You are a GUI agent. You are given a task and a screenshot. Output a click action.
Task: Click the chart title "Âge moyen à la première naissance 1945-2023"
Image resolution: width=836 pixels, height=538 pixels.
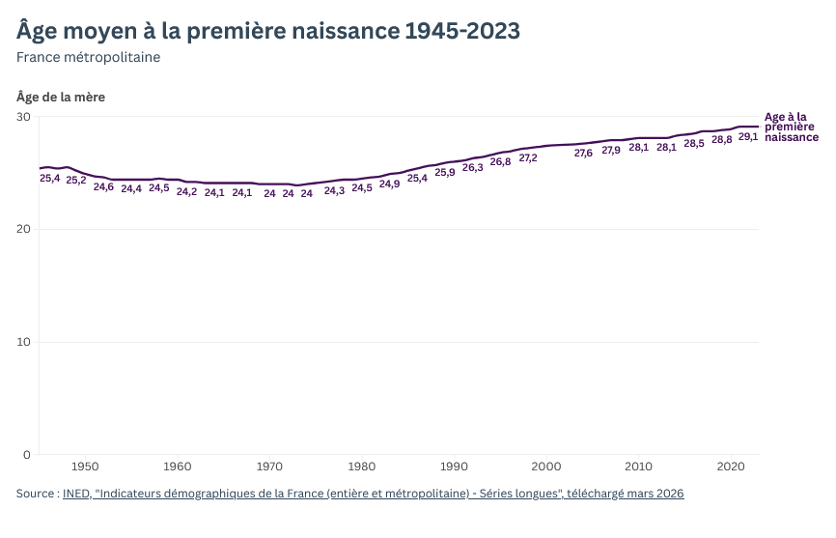(268, 31)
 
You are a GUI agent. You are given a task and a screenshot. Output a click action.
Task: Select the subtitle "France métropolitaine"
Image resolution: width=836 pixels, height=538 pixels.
(88, 57)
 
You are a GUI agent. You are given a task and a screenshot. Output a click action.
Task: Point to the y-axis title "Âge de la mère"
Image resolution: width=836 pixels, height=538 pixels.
(61, 97)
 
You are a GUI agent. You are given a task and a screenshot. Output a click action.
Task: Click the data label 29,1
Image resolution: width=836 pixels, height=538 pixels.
(748, 137)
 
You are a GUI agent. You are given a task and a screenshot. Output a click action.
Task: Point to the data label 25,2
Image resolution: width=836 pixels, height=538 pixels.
(76, 181)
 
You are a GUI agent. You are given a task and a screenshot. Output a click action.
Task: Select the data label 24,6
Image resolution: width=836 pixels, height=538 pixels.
(103, 187)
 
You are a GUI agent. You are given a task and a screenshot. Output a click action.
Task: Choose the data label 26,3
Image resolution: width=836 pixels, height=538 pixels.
(473, 168)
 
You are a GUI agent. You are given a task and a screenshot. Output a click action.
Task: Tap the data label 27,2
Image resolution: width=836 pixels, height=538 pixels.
(528, 158)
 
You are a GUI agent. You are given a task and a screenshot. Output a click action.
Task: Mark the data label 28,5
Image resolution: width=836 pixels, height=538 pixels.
(694, 144)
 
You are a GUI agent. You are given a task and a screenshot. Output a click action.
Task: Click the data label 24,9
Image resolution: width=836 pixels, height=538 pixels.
(390, 184)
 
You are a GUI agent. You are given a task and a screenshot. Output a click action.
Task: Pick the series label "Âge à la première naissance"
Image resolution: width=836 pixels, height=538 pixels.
(791, 127)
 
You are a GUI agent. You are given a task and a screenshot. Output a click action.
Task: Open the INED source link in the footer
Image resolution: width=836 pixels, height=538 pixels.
(373, 494)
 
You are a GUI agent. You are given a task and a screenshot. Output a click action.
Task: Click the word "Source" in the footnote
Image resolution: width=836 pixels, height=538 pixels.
(36, 494)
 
